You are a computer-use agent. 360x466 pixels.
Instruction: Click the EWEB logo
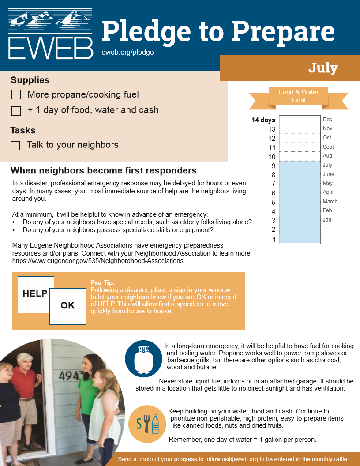[50, 34]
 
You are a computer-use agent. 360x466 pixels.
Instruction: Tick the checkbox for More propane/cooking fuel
[16, 95]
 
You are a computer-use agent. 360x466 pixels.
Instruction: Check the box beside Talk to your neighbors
[15, 146]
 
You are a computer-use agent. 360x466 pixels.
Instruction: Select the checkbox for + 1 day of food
[16, 111]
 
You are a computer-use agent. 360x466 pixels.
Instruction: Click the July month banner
[323, 68]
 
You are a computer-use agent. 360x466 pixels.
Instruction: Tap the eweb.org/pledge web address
[127, 52]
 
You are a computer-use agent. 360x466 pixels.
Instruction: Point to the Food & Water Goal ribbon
[299, 96]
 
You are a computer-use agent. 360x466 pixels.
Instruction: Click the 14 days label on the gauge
[263, 120]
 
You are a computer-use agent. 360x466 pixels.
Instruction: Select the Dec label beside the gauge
[327, 120]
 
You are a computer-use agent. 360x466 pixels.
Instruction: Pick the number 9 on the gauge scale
[274, 166]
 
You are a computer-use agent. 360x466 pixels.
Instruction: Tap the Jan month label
[327, 220]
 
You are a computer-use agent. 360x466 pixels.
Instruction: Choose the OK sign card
[67, 305]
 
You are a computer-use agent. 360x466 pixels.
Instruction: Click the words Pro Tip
[102, 283]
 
